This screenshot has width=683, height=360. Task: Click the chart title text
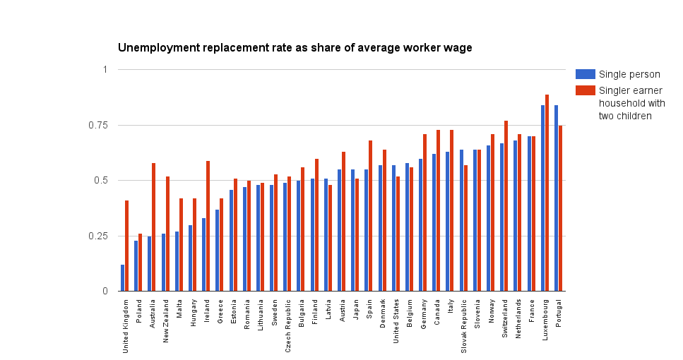coord(295,48)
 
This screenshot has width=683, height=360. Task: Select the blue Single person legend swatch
coord(586,74)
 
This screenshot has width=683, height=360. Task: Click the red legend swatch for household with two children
coord(586,90)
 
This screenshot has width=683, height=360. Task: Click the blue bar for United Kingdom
coord(123,278)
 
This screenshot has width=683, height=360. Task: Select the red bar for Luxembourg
coord(547,193)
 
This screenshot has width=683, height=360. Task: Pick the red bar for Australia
coord(154,227)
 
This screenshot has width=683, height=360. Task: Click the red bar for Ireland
coord(208,226)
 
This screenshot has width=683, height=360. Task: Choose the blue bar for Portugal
coord(557,198)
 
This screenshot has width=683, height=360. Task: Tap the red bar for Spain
coord(371,215)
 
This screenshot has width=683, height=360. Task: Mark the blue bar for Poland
coord(136,265)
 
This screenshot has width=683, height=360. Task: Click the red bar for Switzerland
coord(506,205)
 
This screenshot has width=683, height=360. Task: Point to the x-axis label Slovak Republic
coord(465,324)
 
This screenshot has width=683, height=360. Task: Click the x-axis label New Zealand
coord(166,321)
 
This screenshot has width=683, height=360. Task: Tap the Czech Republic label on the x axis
coord(288,323)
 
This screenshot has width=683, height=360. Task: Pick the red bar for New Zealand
coord(167,234)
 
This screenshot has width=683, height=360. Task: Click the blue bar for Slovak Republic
coord(462,220)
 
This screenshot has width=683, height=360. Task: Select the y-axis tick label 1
coord(105,69)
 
